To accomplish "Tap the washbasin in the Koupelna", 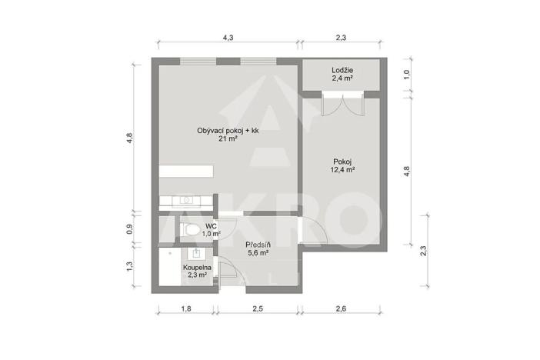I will coord(195,252).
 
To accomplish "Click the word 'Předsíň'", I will coord(257,243).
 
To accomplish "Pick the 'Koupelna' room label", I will coord(197,267).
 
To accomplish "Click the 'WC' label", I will coord(211,225).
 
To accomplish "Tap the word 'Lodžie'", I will coord(342,70).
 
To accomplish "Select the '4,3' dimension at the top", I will coord(228,37).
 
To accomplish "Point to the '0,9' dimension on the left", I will coord(130,228).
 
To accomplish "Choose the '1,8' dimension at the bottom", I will coord(185,309).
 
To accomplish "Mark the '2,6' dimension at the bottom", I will coord(341,309).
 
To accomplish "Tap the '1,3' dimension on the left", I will coord(130,266).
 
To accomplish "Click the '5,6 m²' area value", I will coord(257,252).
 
